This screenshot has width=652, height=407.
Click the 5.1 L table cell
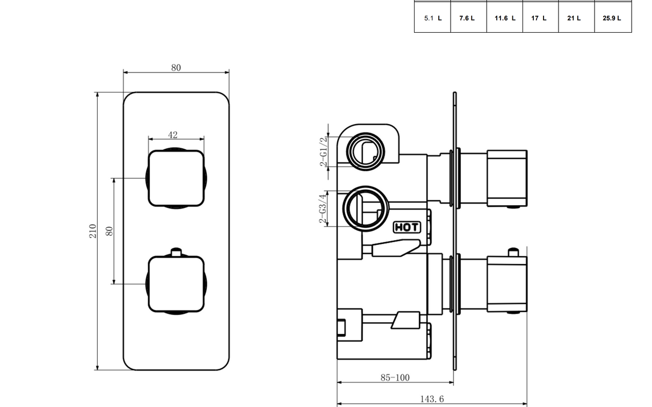[x=432, y=18]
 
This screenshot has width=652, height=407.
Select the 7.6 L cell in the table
[x=468, y=18]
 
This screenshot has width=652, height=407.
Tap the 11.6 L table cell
[x=505, y=18]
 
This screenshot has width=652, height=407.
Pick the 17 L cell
[x=540, y=18]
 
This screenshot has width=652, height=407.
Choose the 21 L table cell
[x=576, y=18]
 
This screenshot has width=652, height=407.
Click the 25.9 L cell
[x=613, y=18]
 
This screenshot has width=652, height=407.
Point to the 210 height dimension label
[x=92, y=231]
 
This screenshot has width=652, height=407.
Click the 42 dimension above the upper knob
[x=172, y=135]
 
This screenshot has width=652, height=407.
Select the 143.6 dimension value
[x=432, y=398]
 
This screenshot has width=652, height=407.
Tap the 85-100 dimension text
[x=395, y=377]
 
